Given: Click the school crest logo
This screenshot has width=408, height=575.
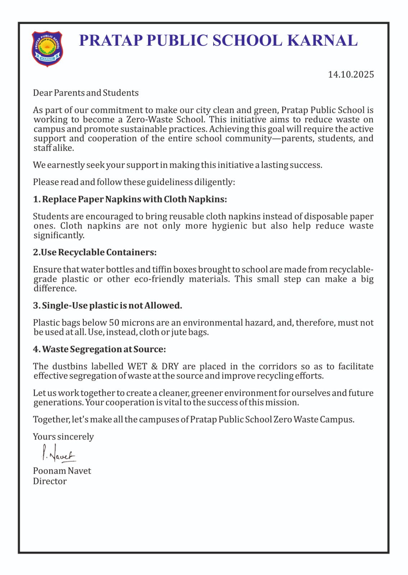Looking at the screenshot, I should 47,49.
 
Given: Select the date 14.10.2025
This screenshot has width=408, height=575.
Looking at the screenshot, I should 351,75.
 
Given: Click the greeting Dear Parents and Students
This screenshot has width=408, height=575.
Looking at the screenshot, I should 86,93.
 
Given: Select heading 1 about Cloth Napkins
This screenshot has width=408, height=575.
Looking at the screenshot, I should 130,199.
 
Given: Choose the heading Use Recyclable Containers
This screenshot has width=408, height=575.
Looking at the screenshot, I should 95,253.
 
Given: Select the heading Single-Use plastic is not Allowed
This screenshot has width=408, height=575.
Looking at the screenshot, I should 107,306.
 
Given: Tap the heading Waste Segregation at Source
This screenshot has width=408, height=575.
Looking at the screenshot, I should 99,350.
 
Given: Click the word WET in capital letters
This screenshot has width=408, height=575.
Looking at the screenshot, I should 137,367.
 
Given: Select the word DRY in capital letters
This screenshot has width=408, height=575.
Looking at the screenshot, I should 170,367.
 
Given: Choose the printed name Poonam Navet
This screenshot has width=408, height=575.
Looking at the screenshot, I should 62,471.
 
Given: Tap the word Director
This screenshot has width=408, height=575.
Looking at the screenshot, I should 50,482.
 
